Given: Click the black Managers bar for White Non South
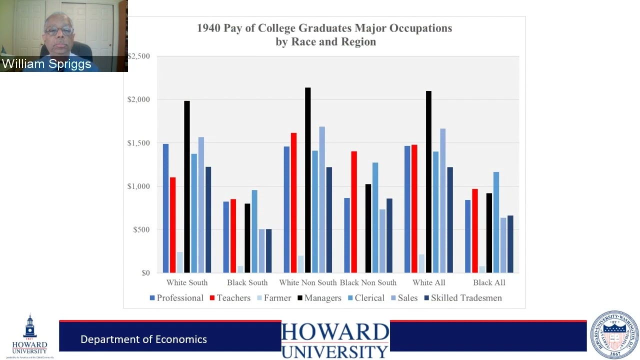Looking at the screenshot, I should click(308, 180).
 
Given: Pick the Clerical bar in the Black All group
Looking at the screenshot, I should click(496, 222).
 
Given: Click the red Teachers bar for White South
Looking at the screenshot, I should click(172, 225).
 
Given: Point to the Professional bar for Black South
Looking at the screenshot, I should click(226, 237).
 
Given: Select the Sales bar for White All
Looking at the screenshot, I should click(443, 200).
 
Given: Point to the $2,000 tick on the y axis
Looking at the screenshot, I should click(138, 99).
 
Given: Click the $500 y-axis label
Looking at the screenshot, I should click(141, 229).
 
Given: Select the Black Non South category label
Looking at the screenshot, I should click(368, 282).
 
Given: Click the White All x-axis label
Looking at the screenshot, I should click(429, 282).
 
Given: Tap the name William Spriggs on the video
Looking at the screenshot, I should click(46, 64).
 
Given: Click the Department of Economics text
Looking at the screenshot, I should click(143, 339).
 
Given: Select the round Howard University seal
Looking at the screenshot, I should click(614, 334).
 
